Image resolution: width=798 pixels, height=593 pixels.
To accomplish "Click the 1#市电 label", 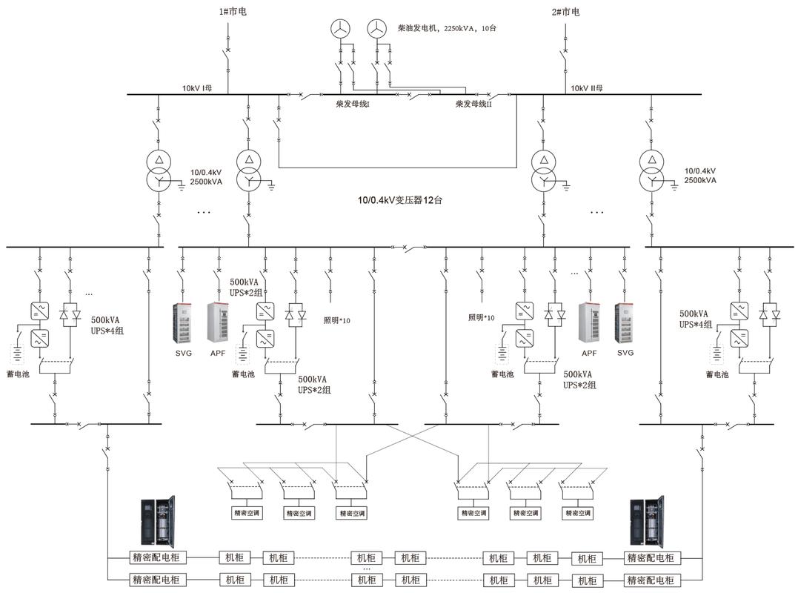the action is click(x=233, y=11).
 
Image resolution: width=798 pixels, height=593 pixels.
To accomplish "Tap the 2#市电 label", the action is click(x=565, y=11).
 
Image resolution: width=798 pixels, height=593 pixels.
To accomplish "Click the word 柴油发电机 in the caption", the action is click(x=417, y=28).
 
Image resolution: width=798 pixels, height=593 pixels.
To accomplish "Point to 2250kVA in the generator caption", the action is click(x=459, y=28).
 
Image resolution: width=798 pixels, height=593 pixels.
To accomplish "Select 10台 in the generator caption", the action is click(x=488, y=28).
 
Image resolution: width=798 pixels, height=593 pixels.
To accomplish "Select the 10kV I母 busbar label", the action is click(x=197, y=88).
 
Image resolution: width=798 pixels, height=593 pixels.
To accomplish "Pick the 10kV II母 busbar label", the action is click(x=586, y=88).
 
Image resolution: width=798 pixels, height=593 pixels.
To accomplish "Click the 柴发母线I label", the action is click(x=353, y=104).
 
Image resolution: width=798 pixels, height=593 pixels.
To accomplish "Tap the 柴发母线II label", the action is click(x=473, y=104).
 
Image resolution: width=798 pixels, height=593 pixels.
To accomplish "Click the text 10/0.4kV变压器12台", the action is click(x=400, y=200).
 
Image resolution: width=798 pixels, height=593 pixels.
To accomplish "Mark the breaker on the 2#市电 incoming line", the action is click(x=565, y=53).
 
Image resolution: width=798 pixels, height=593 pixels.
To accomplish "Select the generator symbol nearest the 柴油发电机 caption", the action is click(x=376, y=28).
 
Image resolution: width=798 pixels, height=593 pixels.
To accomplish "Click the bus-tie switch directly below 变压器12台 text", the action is click(x=410, y=248).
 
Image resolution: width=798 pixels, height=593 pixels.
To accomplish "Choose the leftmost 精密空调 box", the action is click(x=247, y=513).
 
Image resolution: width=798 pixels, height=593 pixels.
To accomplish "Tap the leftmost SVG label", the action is click(x=184, y=354).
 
